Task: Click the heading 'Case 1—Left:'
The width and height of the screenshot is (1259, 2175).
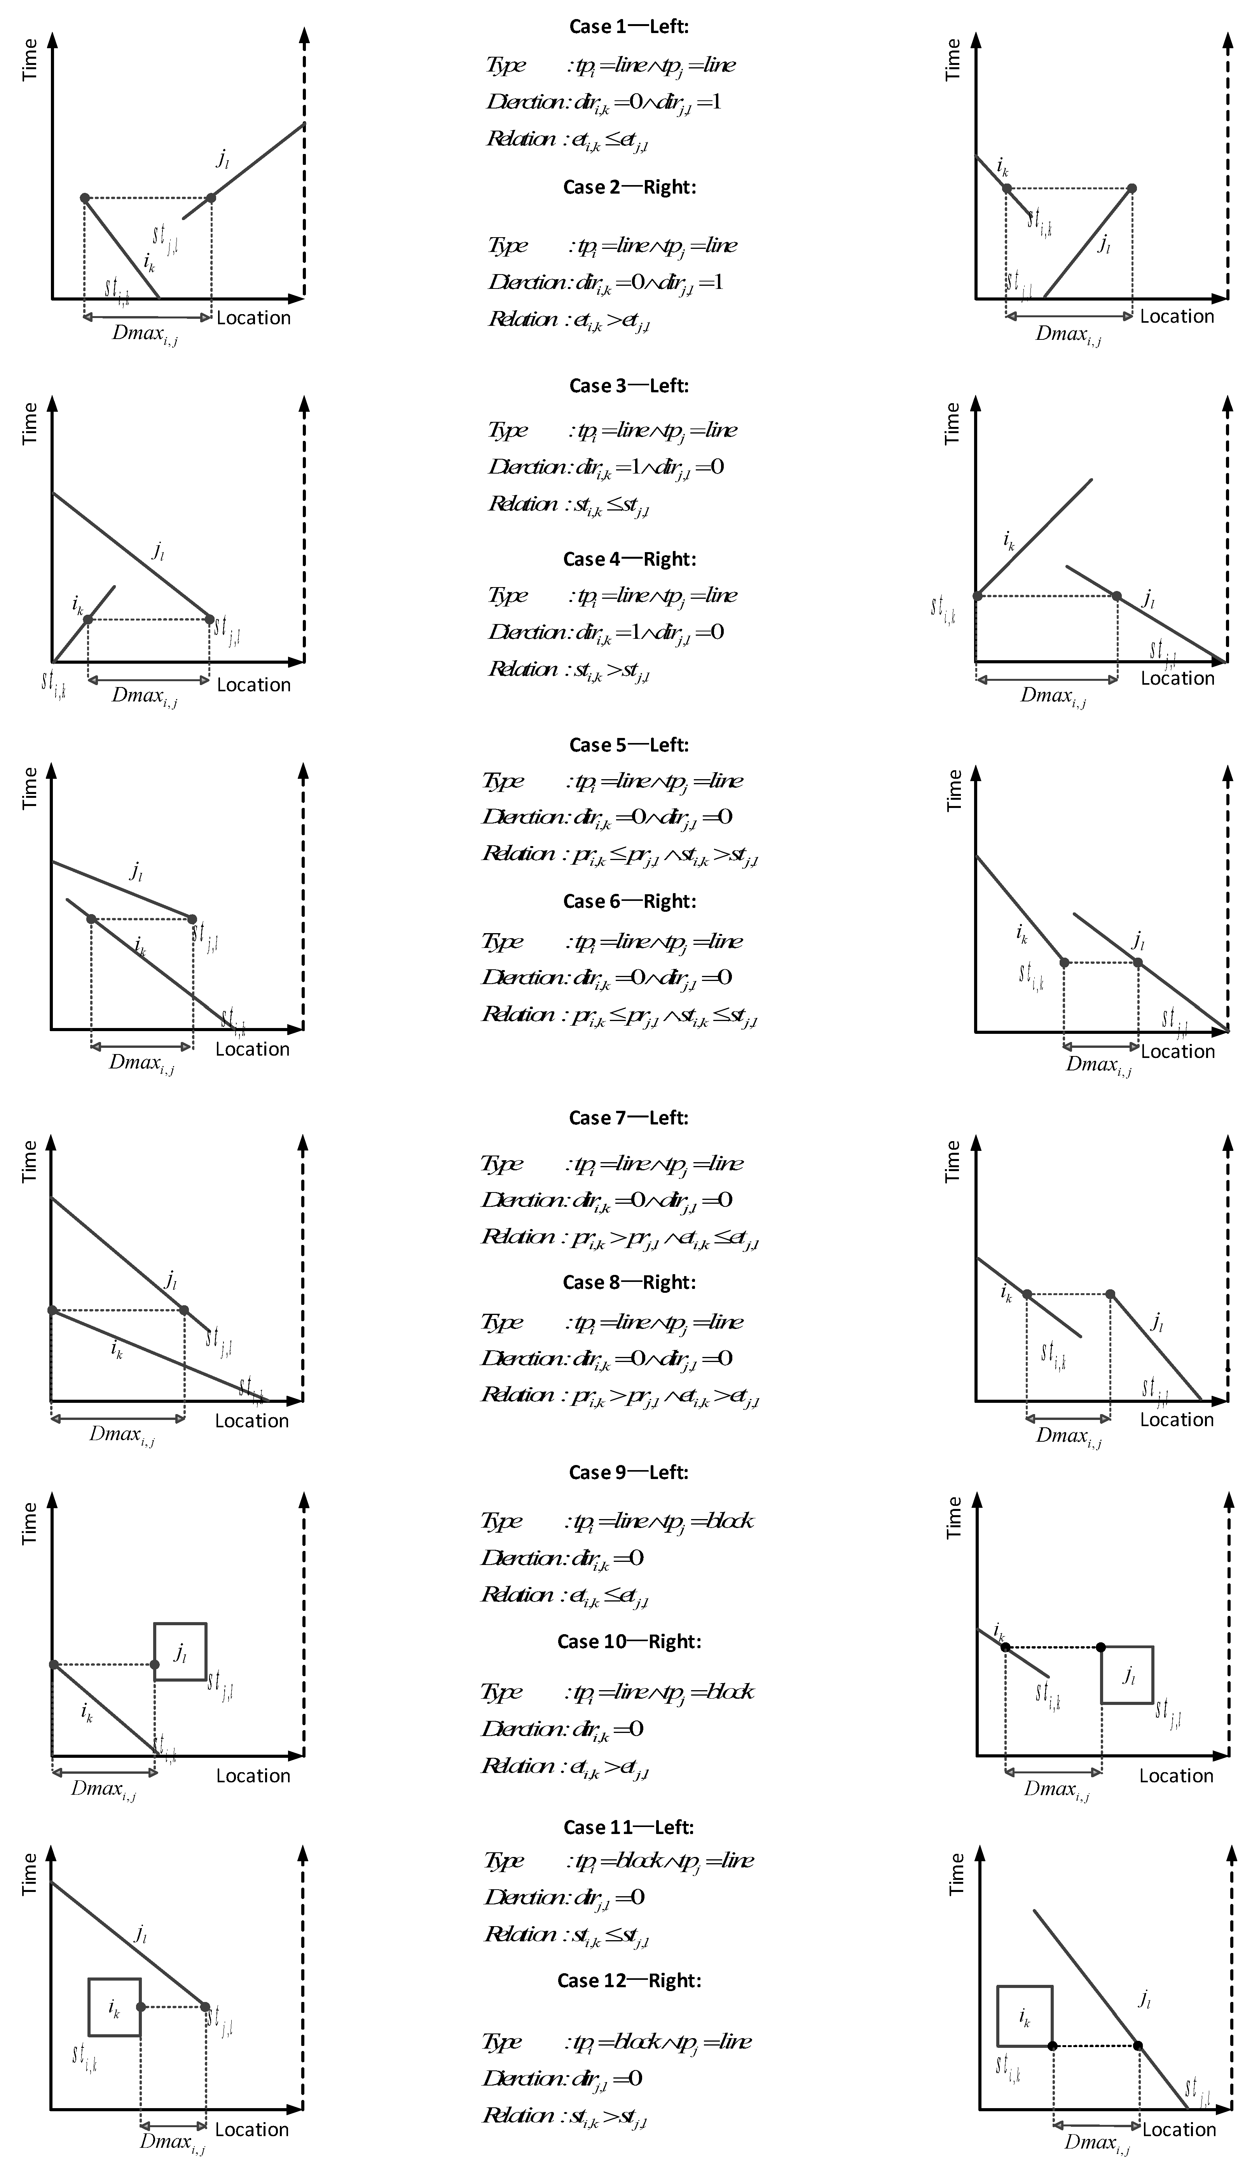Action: [x=628, y=27]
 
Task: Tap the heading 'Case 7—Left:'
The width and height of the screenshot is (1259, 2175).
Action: [x=628, y=1118]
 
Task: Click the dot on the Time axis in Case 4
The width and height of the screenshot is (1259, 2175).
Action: [x=977, y=596]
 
